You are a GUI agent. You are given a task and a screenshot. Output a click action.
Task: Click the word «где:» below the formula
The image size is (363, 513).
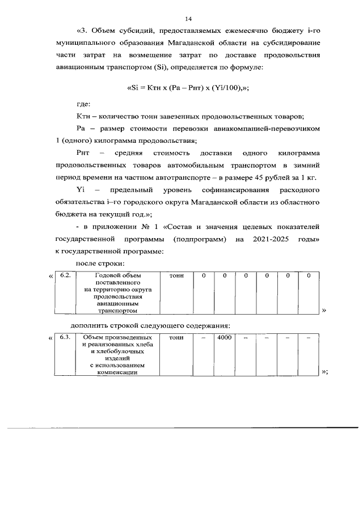[83, 104]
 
